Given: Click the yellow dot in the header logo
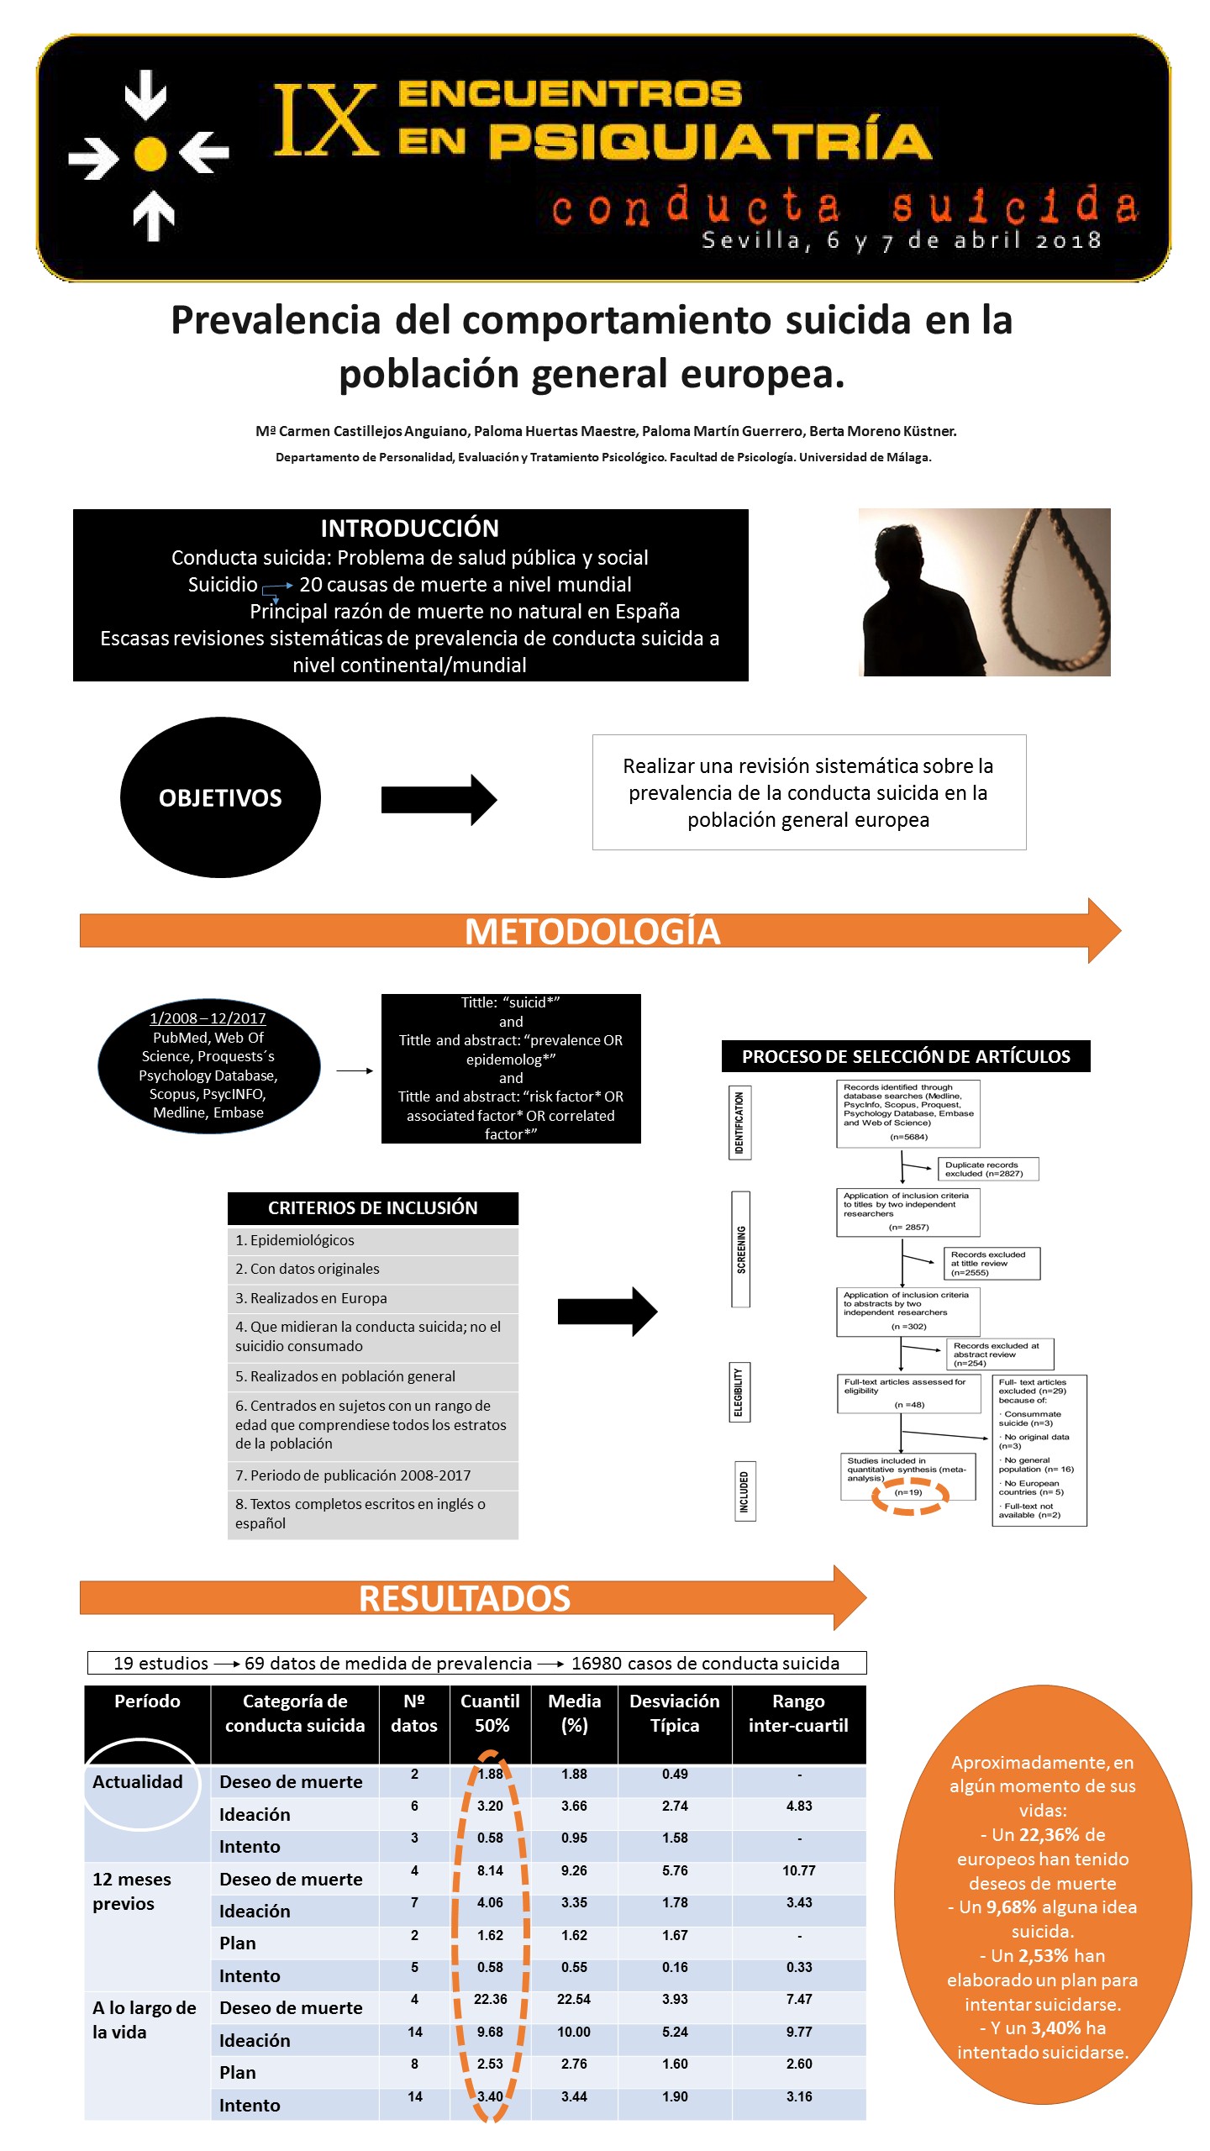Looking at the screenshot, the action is (150, 154).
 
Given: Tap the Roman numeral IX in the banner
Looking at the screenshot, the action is (325, 120).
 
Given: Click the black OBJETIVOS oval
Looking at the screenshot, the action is (220, 797).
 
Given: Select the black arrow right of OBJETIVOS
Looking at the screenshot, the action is (439, 800).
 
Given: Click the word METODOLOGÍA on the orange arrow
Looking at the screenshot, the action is (592, 932).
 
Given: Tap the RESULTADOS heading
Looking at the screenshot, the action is (465, 1598).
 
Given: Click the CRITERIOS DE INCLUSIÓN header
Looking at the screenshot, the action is (373, 1208).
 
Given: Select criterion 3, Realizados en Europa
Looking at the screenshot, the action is (311, 1298).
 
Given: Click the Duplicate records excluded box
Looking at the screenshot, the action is (988, 1169).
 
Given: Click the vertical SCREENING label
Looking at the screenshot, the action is (740, 1249).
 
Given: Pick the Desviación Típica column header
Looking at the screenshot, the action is (675, 1713).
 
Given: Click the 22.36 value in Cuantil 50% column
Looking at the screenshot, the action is (490, 2000).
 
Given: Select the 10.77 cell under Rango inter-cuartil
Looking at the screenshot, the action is (799, 1871).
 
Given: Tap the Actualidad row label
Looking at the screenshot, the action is (138, 1782).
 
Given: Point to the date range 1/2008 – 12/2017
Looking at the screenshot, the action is (208, 1018).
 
